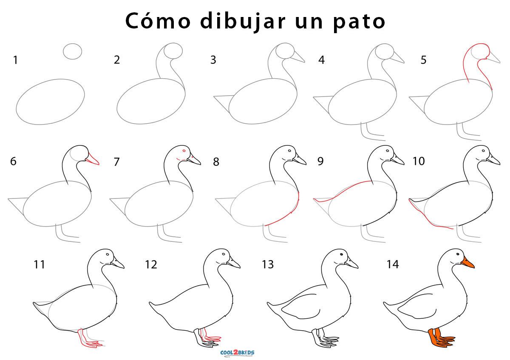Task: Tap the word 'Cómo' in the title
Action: coord(158,21)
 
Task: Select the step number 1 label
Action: coord(15,60)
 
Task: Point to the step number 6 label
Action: coord(13,162)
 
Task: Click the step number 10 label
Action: coord(419,161)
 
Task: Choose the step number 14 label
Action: coord(393,264)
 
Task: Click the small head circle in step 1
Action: coord(72,51)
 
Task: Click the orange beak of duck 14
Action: coord(467,263)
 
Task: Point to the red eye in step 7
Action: coord(184,151)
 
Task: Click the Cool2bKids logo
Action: coord(237,353)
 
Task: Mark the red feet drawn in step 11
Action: coord(89,339)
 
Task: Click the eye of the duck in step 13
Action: coord(341,254)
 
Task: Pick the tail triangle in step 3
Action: coord(224,103)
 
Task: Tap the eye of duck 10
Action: coord(483,151)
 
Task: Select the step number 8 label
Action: coord(216,162)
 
